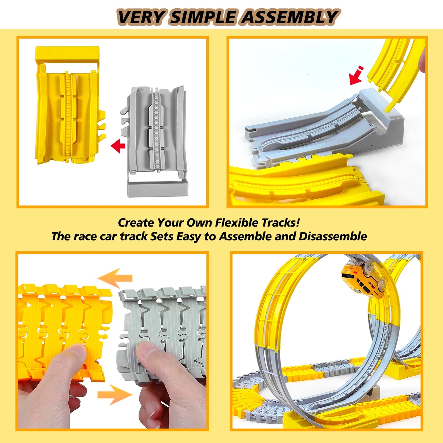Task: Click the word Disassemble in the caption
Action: (x=333, y=236)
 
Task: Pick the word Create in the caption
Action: (x=136, y=223)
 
